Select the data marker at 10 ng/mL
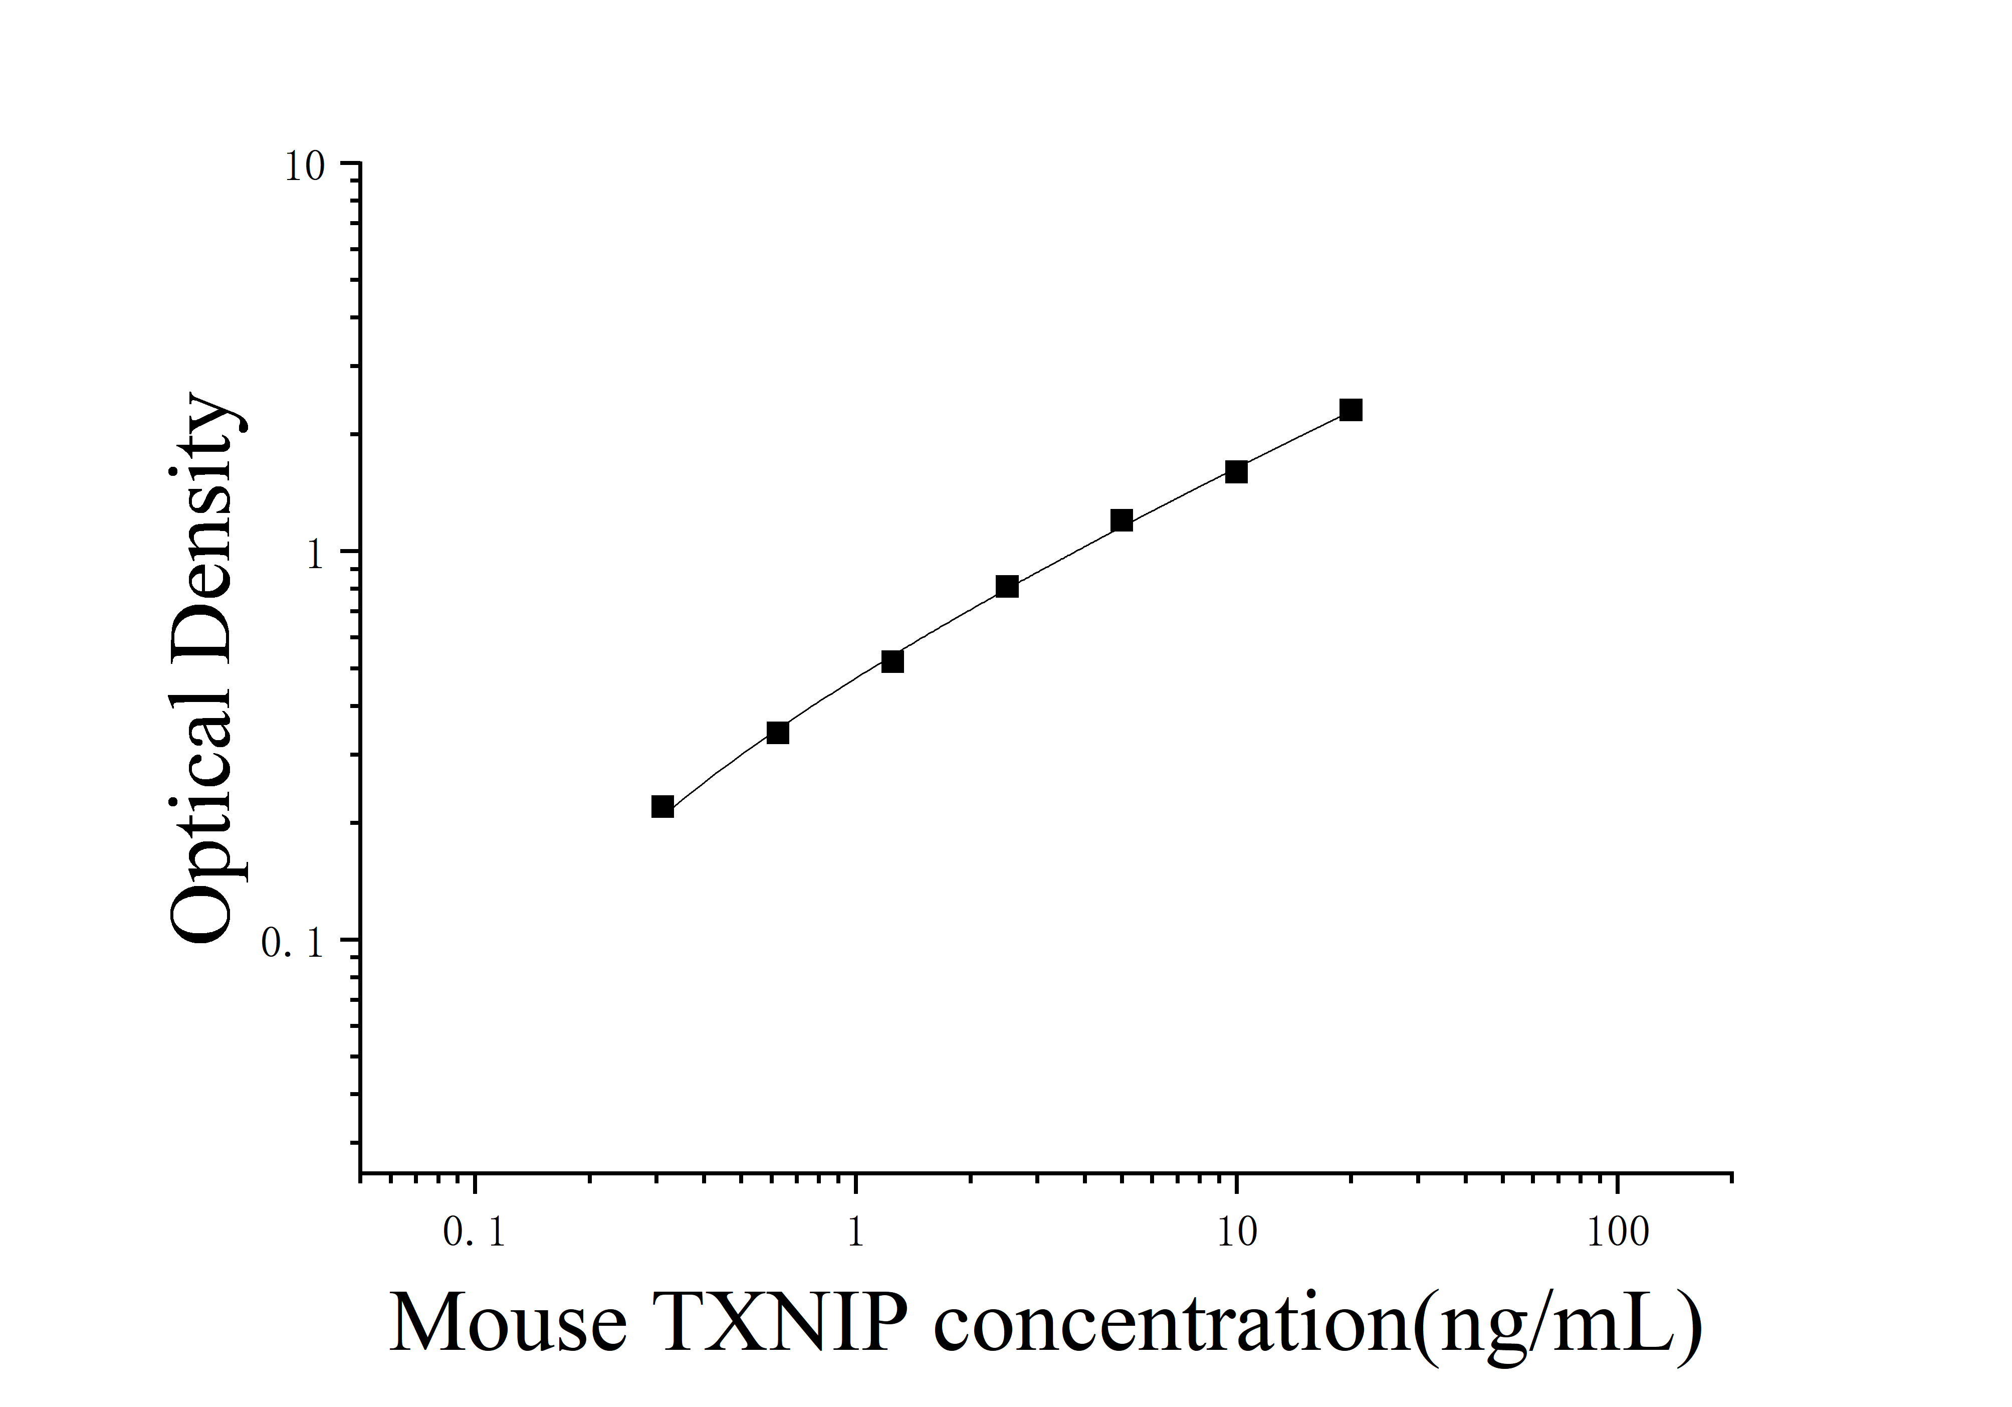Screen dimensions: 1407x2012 (1236, 472)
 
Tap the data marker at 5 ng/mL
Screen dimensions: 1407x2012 (1121, 520)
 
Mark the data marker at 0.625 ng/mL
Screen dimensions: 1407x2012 (777, 732)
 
